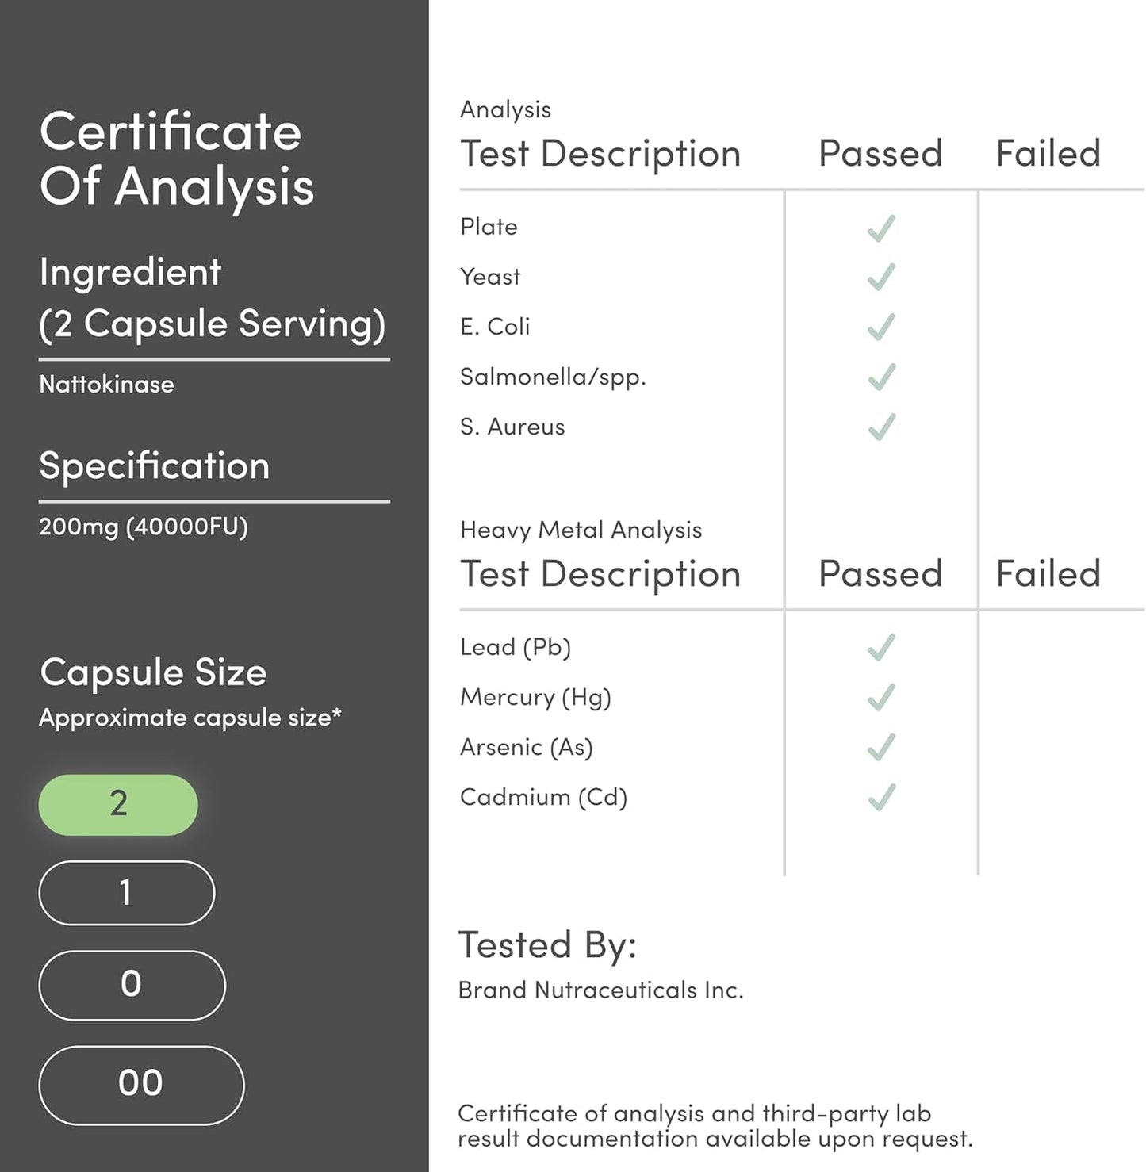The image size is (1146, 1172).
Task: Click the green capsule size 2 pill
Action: point(118,804)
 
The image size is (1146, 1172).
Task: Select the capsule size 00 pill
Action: point(141,1084)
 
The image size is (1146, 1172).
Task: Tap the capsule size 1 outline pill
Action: point(126,893)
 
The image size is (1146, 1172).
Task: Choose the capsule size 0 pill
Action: point(132,985)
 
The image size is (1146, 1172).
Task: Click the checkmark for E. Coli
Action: point(881,327)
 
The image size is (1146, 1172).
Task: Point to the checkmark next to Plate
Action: point(881,228)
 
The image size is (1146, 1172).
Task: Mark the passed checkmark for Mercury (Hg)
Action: point(881,697)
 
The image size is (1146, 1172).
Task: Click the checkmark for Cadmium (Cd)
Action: point(881,797)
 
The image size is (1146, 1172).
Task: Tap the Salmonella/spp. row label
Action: point(553,377)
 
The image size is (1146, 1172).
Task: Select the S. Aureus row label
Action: point(512,427)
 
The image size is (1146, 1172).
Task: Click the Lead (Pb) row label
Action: point(516,647)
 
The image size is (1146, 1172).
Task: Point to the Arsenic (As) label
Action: point(526,747)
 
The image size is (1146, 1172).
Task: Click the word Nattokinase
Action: point(106,385)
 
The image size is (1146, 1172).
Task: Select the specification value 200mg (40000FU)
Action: point(144,527)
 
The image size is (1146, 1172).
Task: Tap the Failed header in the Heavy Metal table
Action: point(1048,573)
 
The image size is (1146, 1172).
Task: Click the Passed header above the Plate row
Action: point(880,153)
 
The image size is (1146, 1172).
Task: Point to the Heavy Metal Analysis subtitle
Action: point(581,530)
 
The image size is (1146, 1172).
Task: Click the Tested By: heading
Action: point(547,945)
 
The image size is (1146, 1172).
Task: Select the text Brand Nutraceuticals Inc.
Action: point(600,990)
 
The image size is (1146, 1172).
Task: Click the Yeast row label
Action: point(490,277)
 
